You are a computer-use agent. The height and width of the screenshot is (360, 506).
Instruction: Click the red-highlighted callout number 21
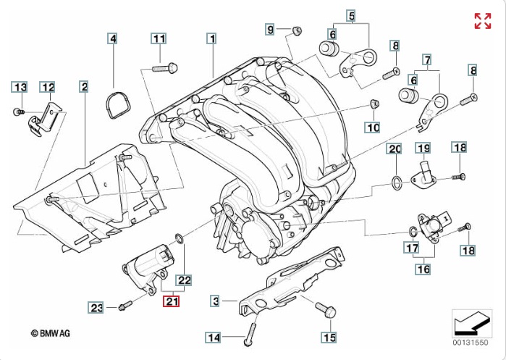click(172, 302)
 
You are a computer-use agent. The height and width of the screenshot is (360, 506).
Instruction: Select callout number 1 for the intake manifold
click(211, 38)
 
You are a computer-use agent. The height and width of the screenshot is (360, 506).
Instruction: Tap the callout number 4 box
click(113, 38)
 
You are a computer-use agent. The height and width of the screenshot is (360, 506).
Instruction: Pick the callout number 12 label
click(48, 88)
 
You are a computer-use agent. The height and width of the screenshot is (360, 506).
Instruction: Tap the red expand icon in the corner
click(483, 21)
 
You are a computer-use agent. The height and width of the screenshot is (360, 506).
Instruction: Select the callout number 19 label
click(423, 148)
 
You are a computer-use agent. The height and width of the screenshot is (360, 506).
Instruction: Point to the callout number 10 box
click(372, 128)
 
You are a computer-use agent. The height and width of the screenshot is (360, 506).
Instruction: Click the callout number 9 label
click(271, 30)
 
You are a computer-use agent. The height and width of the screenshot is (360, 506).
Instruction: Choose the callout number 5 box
click(351, 15)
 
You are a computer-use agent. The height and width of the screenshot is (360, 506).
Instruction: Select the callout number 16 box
click(422, 269)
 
